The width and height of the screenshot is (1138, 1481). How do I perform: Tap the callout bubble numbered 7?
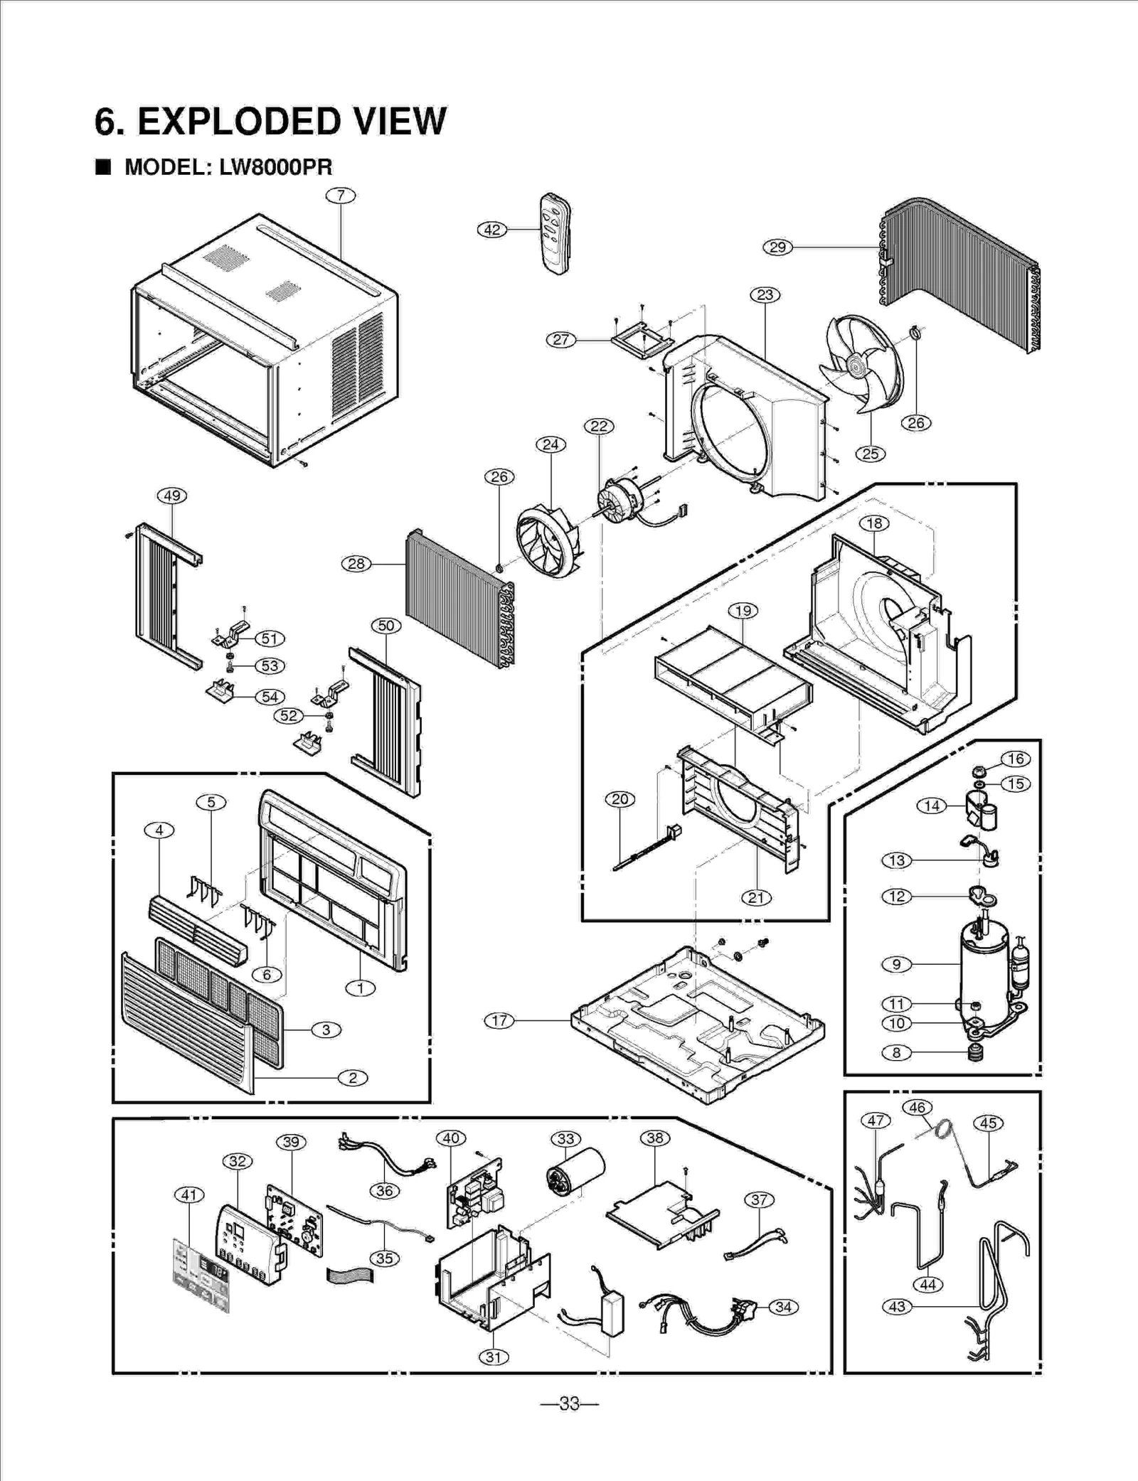(x=341, y=196)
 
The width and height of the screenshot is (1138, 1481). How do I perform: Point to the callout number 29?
(x=777, y=247)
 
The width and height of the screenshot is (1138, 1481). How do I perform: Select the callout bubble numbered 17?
(x=499, y=1020)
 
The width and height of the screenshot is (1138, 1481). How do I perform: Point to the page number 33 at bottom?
(x=569, y=1404)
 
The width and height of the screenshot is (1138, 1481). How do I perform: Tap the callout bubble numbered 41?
(x=188, y=1195)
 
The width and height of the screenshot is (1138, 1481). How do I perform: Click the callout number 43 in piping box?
(x=897, y=1307)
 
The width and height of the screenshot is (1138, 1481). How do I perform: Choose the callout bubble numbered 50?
(x=385, y=626)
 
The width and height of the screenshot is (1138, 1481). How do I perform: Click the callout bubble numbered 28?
(x=356, y=564)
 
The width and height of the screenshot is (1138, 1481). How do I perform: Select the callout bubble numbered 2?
(x=353, y=1078)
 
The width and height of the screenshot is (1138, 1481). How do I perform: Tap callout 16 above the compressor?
(x=1016, y=759)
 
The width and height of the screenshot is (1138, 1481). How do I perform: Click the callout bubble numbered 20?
(x=619, y=799)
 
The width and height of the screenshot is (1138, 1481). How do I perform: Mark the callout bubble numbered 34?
(x=783, y=1307)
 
